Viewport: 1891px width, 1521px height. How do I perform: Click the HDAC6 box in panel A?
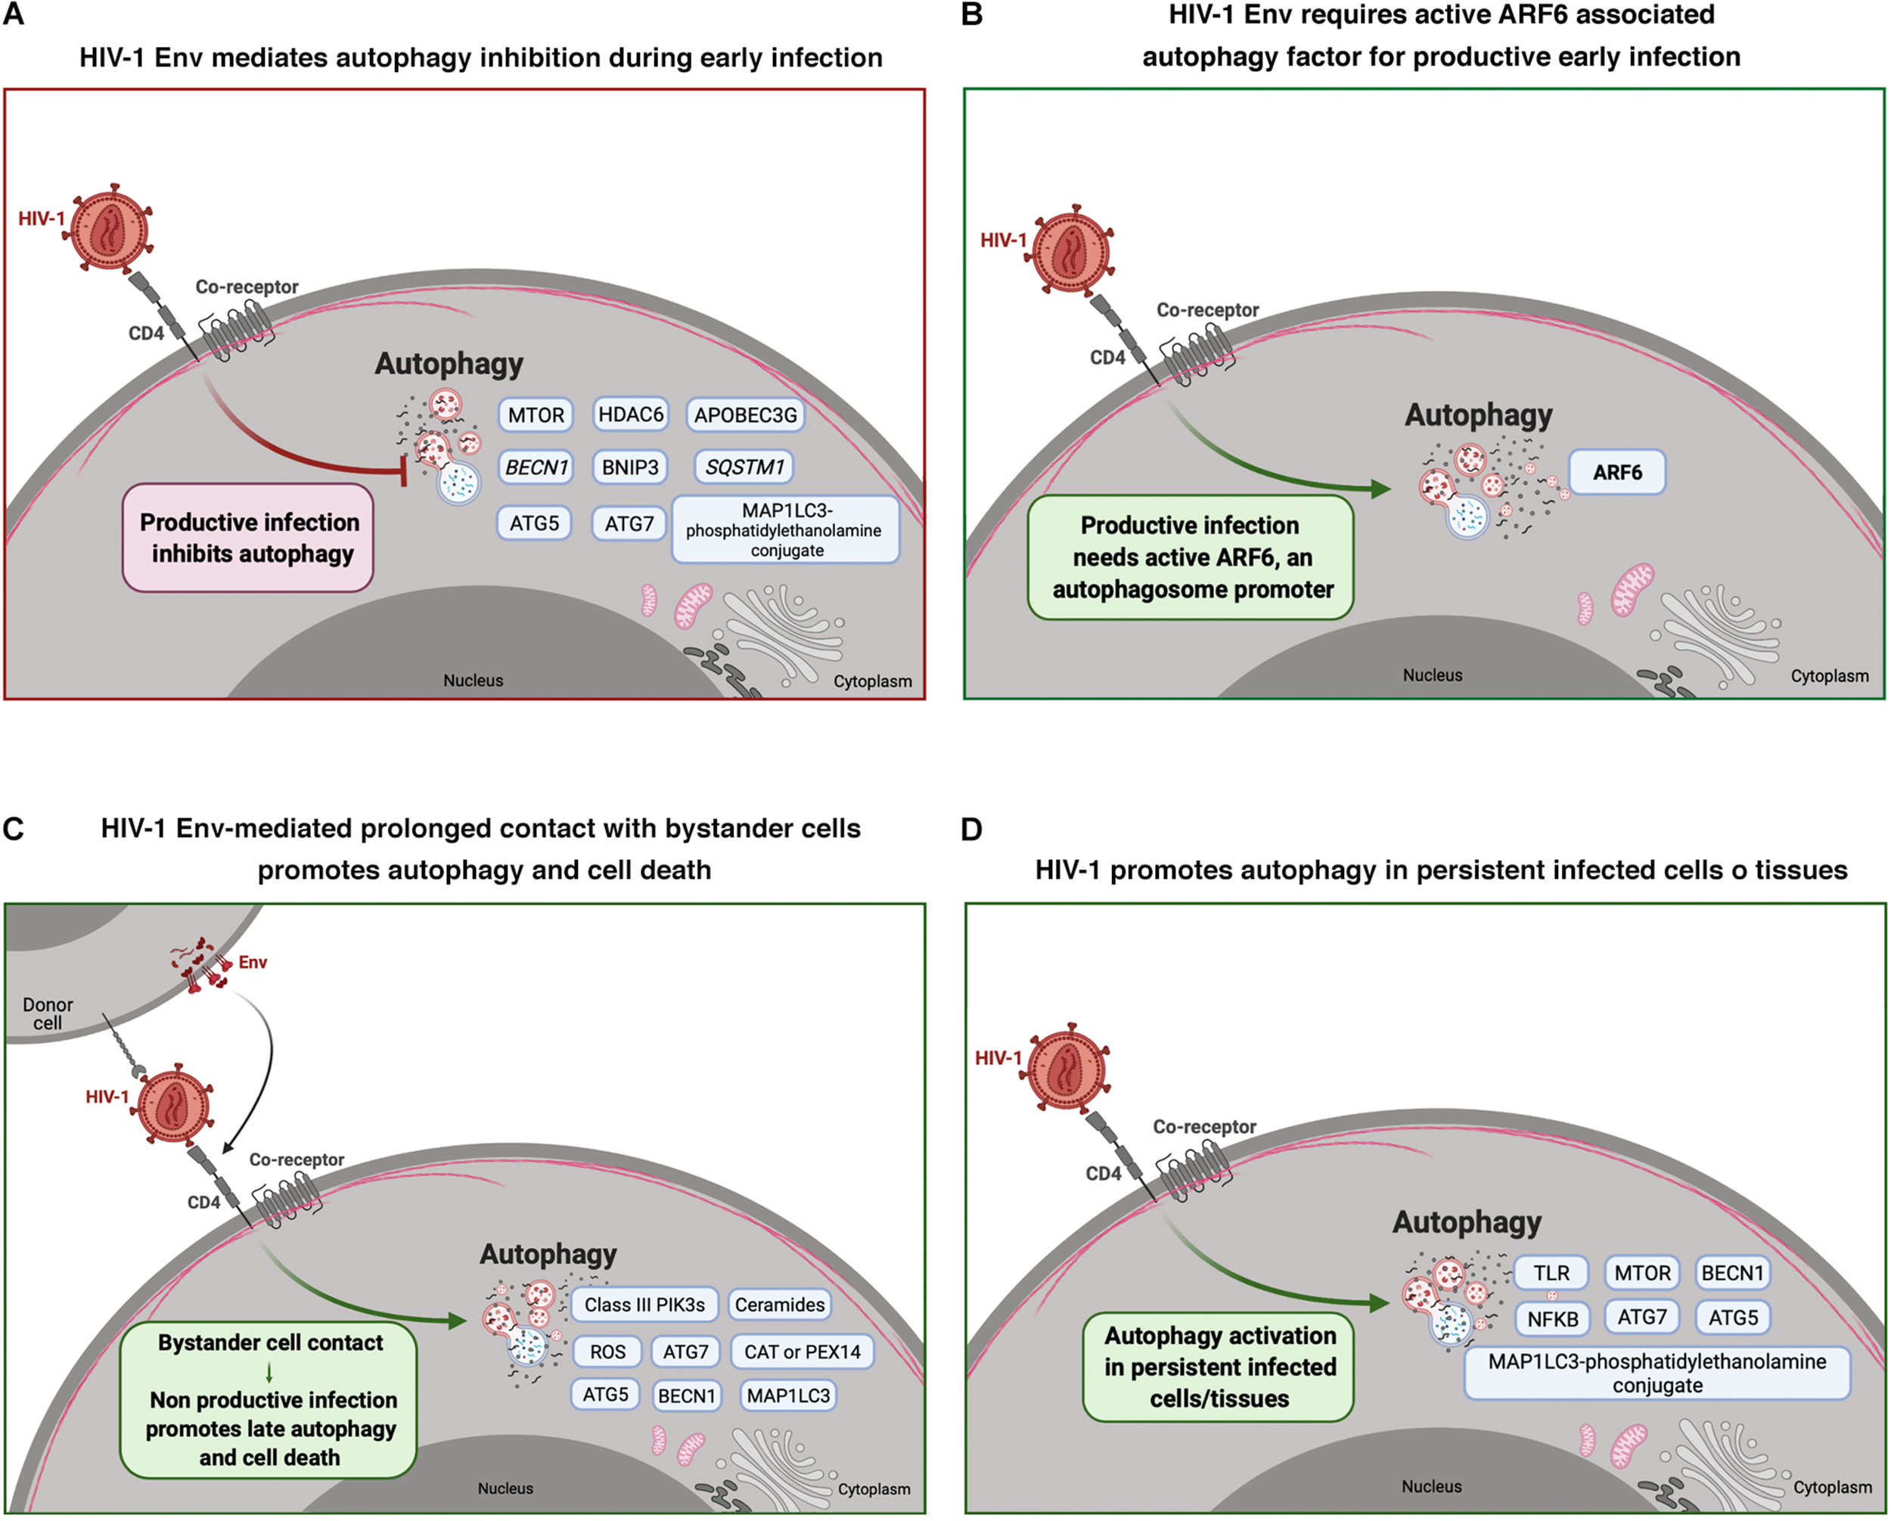(x=631, y=414)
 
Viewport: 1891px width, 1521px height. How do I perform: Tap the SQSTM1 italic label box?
(x=744, y=467)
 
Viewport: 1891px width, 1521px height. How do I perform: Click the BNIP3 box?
(x=630, y=467)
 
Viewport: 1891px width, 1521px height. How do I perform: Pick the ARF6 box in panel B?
(x=1616, y=472)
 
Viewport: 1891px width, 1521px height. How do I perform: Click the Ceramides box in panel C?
(x=780, y=1305)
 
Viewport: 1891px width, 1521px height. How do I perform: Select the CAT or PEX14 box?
(x=802, y=1352)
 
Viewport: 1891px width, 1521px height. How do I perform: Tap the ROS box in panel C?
(x=608, y=1352)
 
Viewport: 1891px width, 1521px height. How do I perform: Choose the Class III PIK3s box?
(x=644, y=1305)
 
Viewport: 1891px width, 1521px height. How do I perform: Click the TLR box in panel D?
(x=1551, y=1273)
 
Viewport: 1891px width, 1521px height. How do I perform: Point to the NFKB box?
(x=1552, y=1318)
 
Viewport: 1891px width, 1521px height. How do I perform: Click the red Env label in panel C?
(x=253, y=962)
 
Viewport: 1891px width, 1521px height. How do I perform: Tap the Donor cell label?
(x=48, y=1013)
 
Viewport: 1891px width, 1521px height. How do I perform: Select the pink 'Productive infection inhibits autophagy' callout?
(x=248, y=538)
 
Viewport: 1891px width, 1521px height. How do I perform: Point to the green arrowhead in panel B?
(x=1380, y=489)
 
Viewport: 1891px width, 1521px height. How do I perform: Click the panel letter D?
(x=971, y=829)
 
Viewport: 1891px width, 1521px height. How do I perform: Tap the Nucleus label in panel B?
(x=1433, y=675)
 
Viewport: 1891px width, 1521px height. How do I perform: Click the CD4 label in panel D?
(x=1103, y=1174)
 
